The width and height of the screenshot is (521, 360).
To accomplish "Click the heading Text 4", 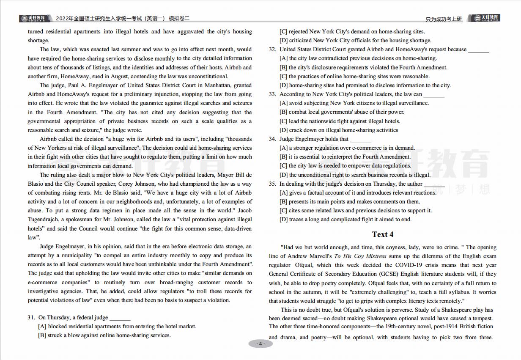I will coord(383,234).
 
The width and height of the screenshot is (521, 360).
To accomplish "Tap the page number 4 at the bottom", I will coord(260,344).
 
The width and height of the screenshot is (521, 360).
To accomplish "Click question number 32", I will coord(272,49).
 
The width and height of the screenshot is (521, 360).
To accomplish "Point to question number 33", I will coord(272,94).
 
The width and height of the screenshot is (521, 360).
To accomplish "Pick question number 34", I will coord(272,139).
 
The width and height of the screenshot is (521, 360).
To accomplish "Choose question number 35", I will coord(272,184).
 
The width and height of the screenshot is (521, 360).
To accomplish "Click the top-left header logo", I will coord(34,18).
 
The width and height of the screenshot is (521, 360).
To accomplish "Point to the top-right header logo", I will coord(486,18).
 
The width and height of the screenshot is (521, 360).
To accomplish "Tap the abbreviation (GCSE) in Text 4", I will coord(387,274).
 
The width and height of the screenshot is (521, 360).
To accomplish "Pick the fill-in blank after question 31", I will coord(120,318).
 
